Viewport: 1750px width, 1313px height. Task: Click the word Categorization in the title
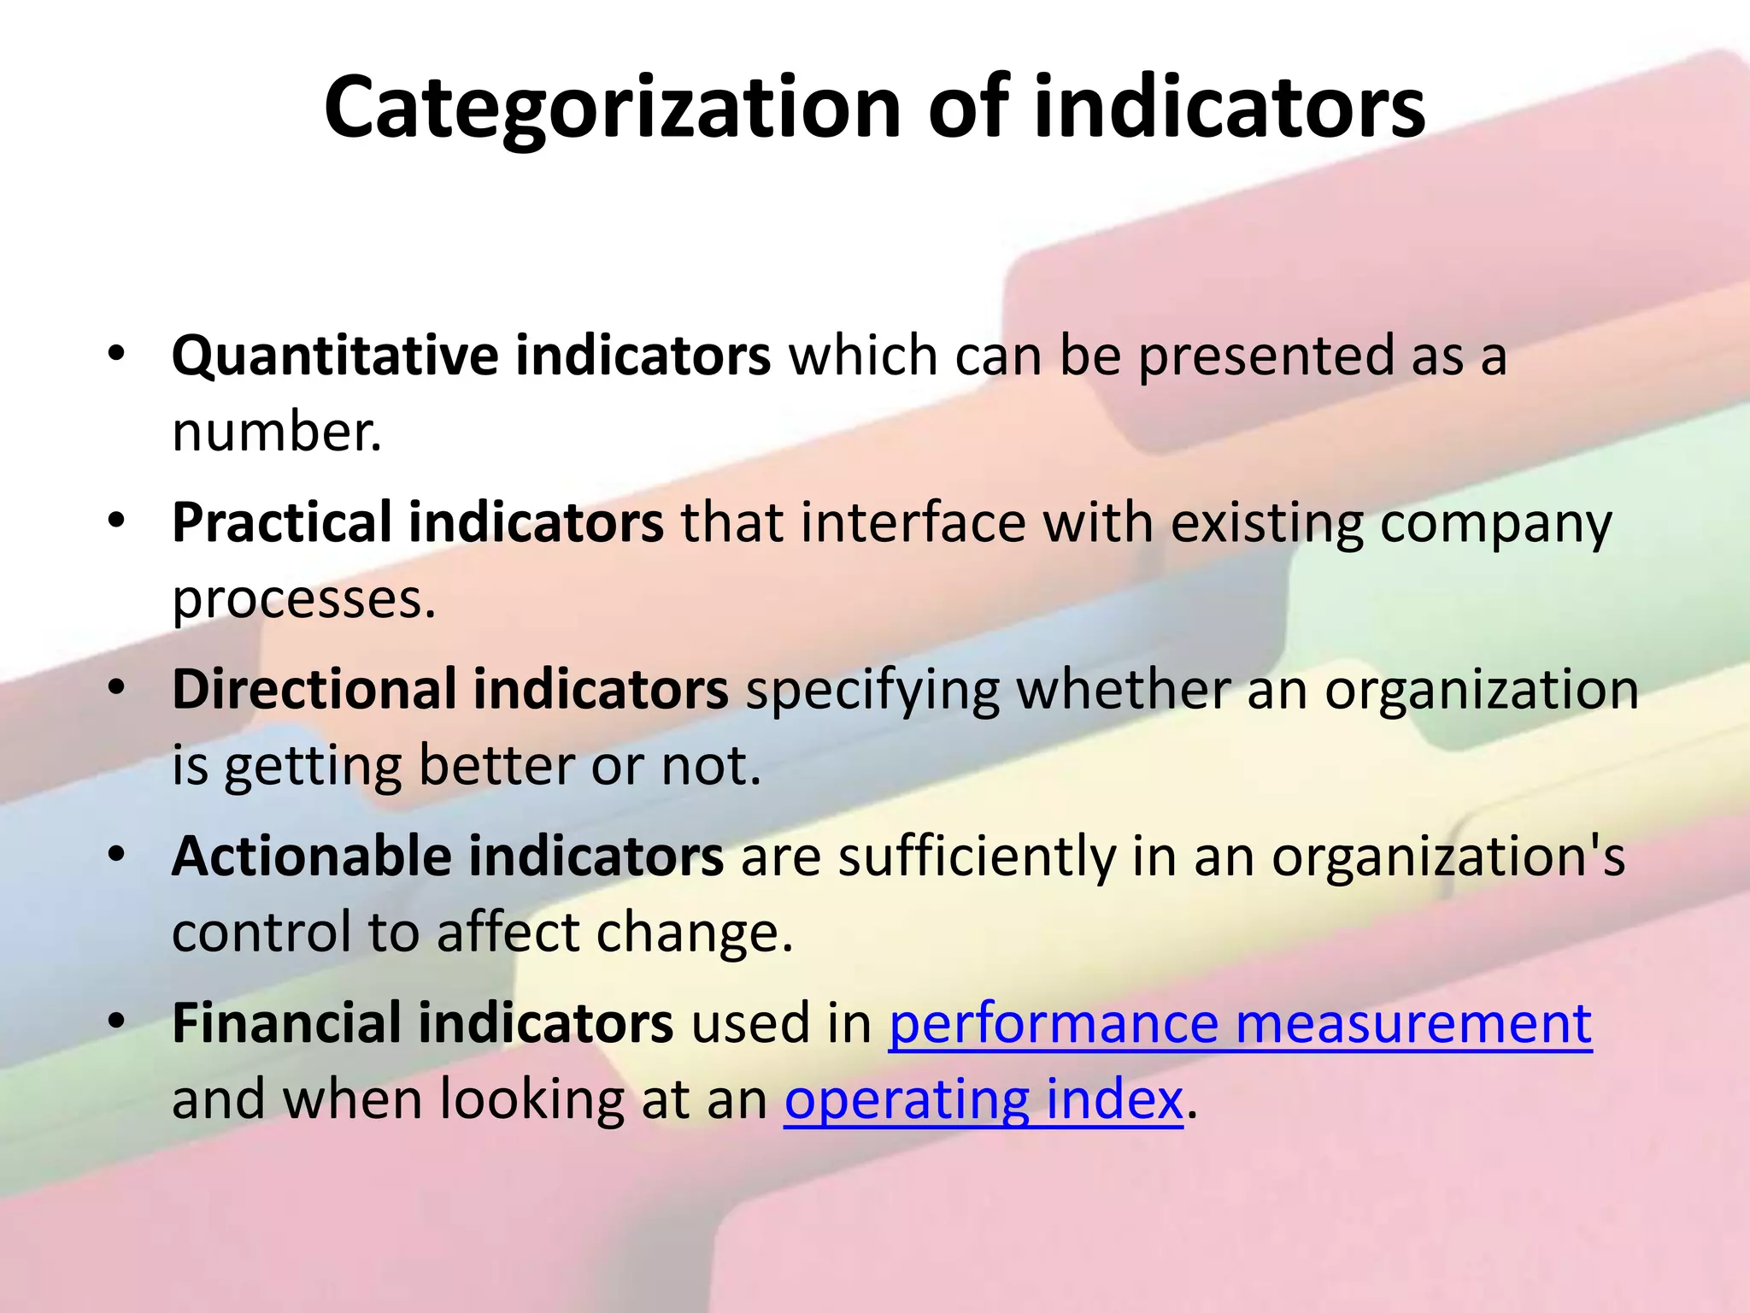pyautogui.click(x=612, y=109)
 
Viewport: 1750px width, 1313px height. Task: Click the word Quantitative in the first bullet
pyautogui.click(x=335, y=355)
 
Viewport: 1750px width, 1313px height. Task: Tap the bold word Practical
pyautogui.click(x=281, y=522)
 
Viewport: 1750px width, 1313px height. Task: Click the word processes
pyautogui.click(x=302, y=599)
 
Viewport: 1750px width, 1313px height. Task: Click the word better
pyautogui.click(x=496, y=765)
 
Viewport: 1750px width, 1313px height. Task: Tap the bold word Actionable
pyautogui.click(x=311, y=856)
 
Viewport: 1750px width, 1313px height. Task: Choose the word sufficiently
pyautogui.click(x=976, y=856)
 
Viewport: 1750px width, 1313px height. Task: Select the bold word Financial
pyautogui.click(x=285, y=1022)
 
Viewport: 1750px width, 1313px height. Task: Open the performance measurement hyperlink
pyautogui.click(x=1240, y=1022)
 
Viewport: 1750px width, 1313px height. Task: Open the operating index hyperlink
pyautogui.click(x=984, y=1099)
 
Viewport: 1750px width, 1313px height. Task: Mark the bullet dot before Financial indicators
pyautogui.click(x=117, y=1020)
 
